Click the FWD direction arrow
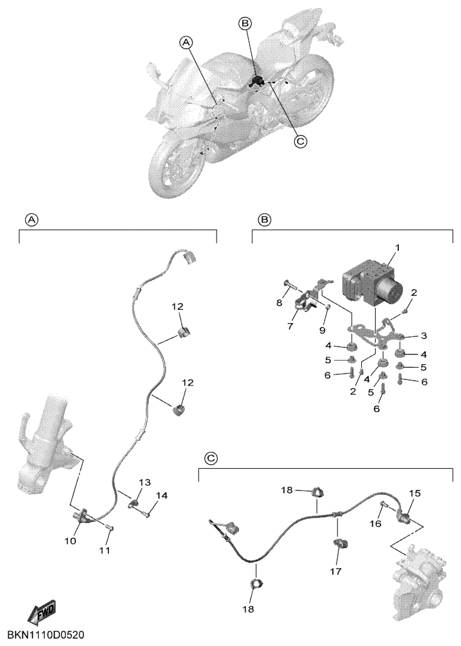click(x=42, y=610)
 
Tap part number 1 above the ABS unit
click(x=397, y=247)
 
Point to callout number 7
click(x=290, y=326)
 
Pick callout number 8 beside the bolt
click(x=280, y=303)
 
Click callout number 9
click(x=322, y=330)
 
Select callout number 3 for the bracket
click(x=423, y=335)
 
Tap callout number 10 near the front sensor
click(x=70, y=541)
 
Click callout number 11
click(x=105, y=550)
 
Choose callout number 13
click(x=145, y=482)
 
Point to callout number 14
click(x=162, y=495)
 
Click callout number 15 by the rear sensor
click(x=415, y=493)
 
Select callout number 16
click(x=376, y=524)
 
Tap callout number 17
click(x=336, y=571)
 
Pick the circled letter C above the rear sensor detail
click(x=211, y=458)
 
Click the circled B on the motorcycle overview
click(x=245, y=24)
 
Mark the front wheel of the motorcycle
click(x=175, y=167)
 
